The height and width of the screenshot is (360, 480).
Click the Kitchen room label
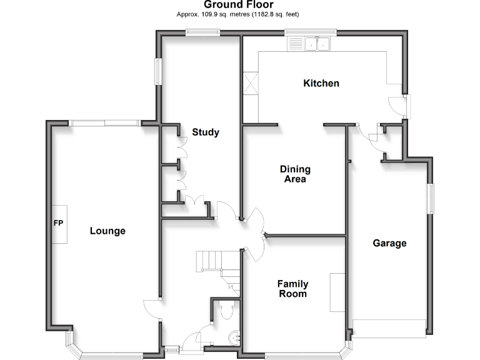[321, 83]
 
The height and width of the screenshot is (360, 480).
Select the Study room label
[205, 132]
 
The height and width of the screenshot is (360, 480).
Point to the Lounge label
[107, 231]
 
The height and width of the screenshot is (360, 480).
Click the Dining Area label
[295, 174]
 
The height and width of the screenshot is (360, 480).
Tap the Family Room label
[292, 289]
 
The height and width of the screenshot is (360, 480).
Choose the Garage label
[389, 243]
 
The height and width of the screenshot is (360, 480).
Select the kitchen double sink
[317, 44]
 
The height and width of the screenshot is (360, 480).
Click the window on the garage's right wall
[430, 199]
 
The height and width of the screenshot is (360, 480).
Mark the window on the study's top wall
[202, 34]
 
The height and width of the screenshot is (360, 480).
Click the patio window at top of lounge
[104, 123]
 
